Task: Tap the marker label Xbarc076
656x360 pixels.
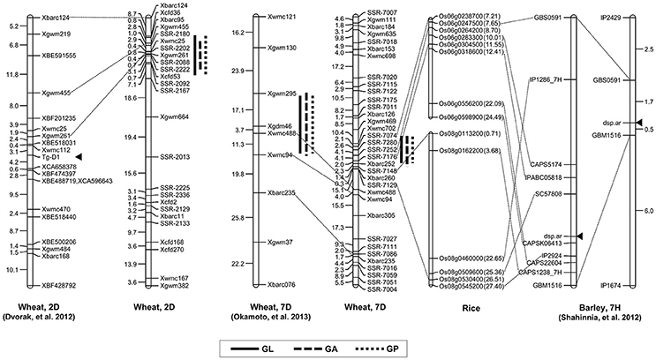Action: click(281, 285)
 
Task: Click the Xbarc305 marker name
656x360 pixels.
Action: click(381, 214)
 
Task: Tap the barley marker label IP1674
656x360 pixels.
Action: click(613, 286)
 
